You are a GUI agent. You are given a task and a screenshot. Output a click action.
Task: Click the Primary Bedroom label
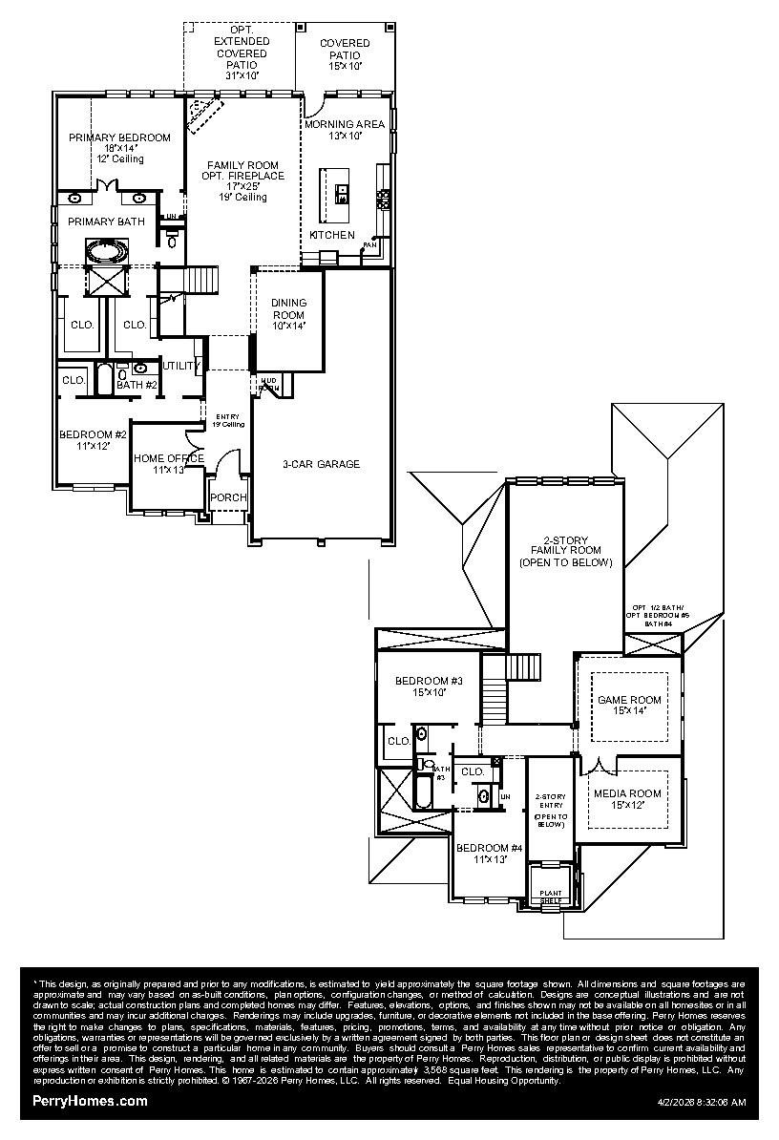click(x=119, y=137)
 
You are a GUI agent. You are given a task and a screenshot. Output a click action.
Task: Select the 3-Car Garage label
click(x=321, y=464)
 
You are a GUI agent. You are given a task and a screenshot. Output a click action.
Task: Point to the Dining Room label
click(x=288, y=308)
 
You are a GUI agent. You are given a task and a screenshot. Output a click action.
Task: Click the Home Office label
click(x=168, y=458)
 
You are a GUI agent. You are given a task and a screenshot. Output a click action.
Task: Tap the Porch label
click(x=228, y=497)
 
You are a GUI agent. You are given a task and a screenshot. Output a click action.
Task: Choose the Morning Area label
click(x=345, y=124)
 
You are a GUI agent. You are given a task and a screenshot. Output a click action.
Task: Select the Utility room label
click(x=180, y=366)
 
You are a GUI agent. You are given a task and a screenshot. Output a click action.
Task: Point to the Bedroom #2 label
click(x=93, y=435)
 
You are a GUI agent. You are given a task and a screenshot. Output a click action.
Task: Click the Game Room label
click(x=629, y=700)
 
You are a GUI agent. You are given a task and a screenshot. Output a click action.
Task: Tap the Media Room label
click(x=627, y=793)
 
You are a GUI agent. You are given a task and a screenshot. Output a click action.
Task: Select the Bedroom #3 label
click(x=429, y=681)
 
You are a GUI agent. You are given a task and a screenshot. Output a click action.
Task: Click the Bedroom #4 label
click(x=489, y=848)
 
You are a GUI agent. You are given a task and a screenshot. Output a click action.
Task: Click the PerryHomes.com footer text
click(x=91, y=1101)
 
